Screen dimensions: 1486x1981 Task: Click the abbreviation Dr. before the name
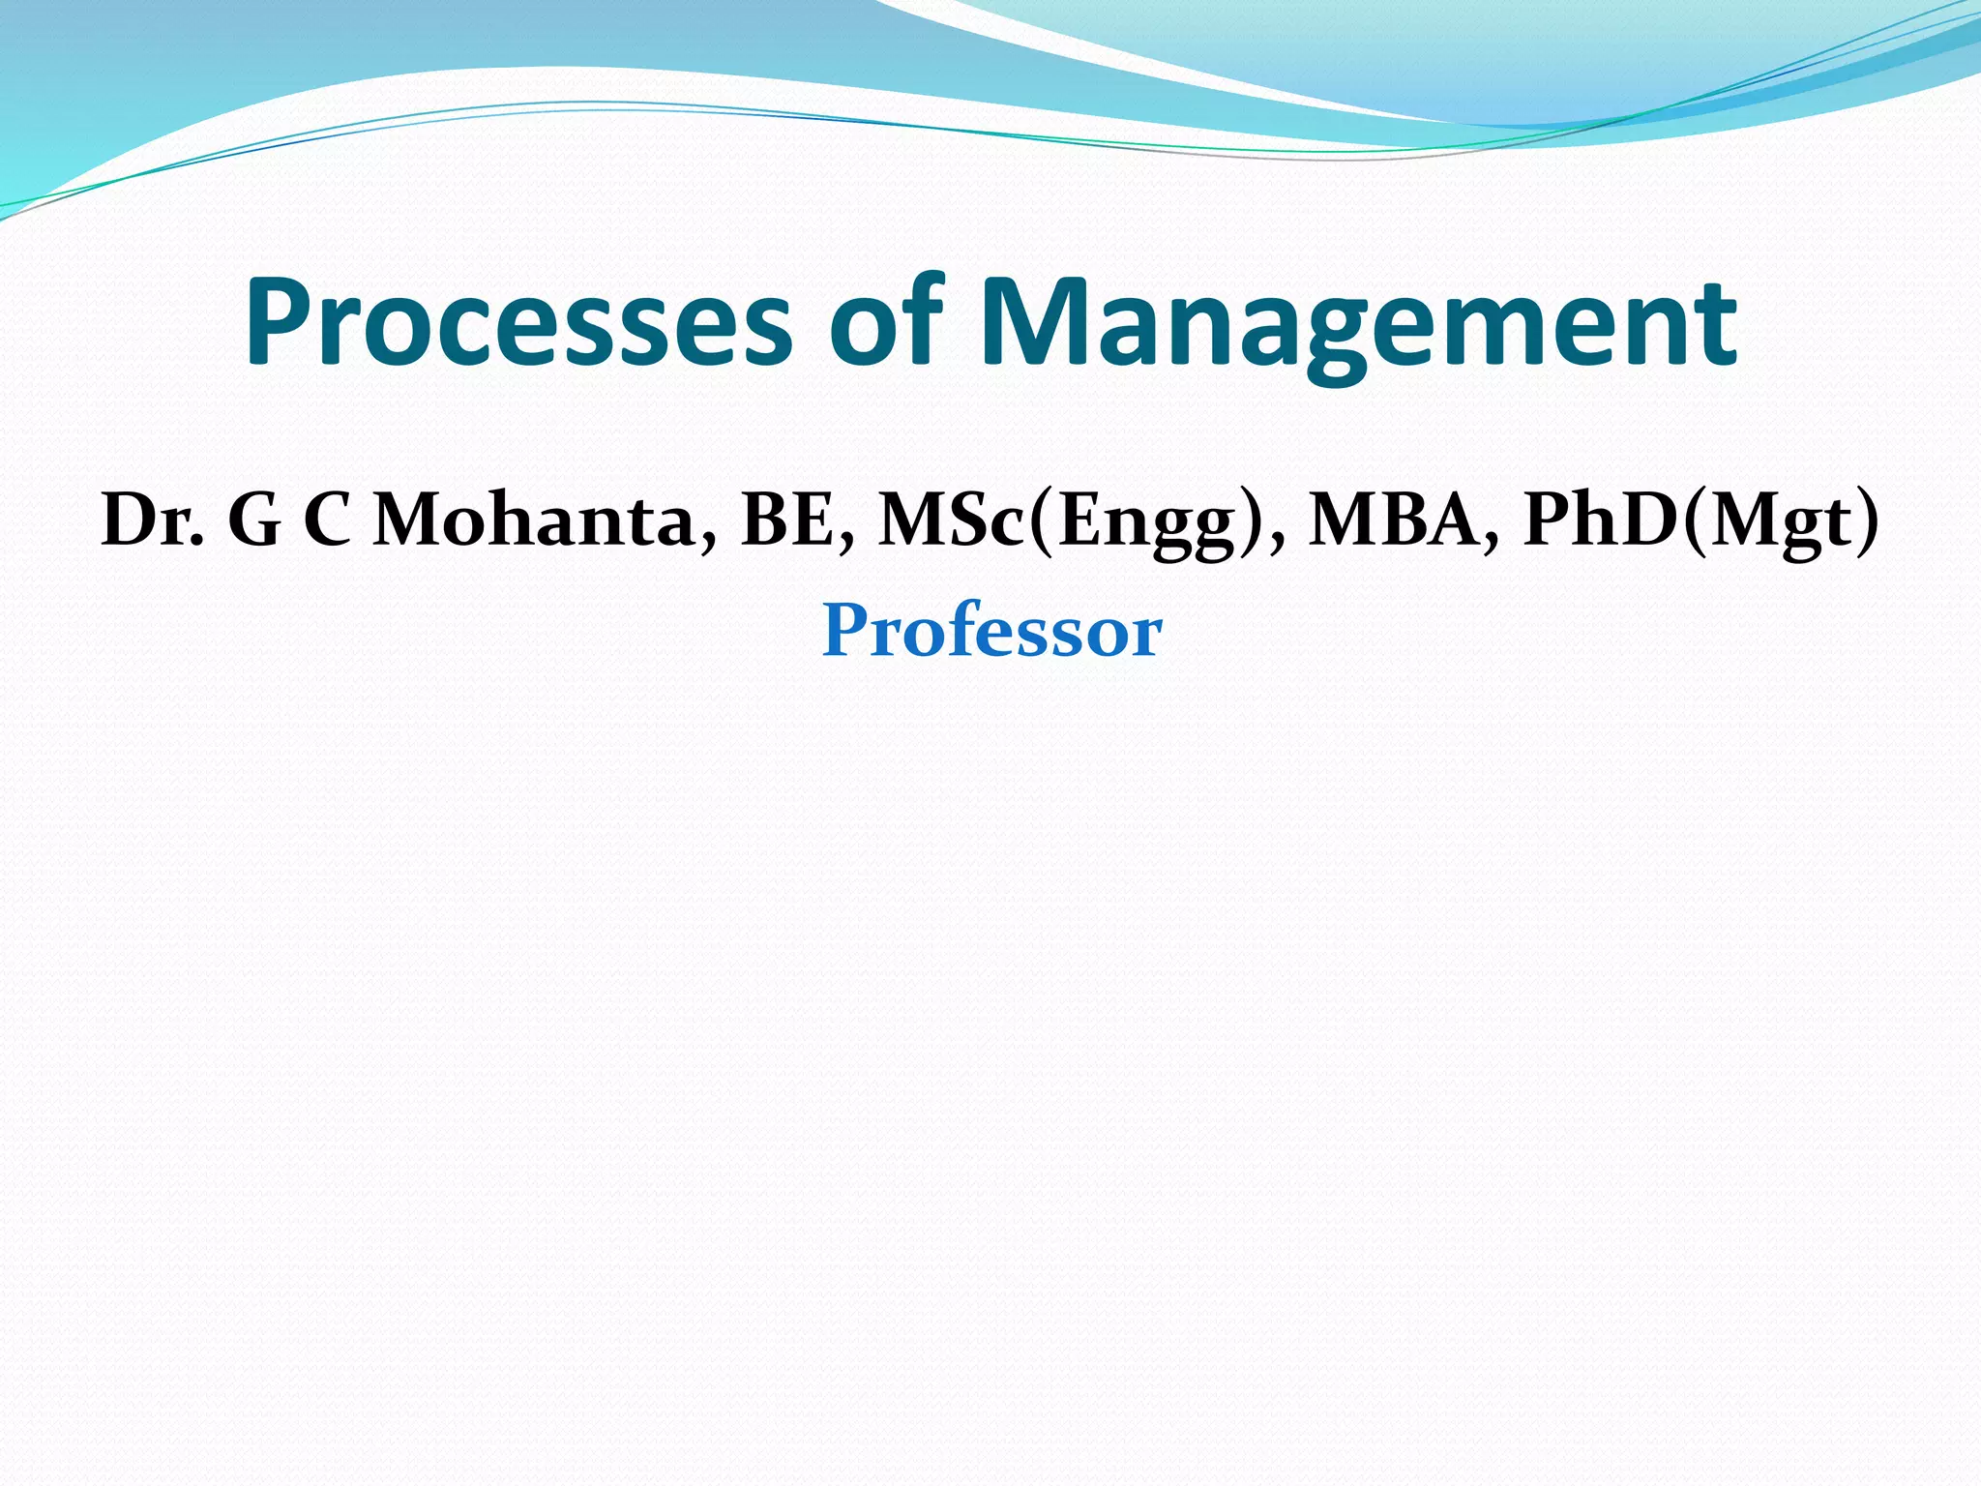[x=152, y=520]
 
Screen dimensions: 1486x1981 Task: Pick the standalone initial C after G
[x=327, y=520]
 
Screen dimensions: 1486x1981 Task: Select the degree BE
[x=787, y=520]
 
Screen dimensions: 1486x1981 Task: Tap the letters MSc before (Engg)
[x=952, y=520]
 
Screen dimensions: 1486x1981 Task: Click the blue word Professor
[x=991, y=631]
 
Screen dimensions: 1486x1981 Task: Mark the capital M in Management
[x=1032, y=321]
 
